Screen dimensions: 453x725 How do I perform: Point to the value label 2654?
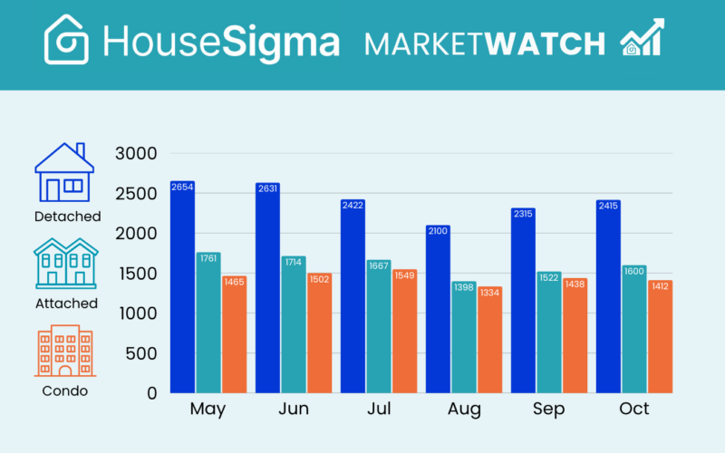(182, 188)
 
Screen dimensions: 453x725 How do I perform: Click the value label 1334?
(490, 293)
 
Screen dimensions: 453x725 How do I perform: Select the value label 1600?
(634, 271)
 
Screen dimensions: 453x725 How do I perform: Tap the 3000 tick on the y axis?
(137, 154)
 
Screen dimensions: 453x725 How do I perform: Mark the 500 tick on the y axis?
(141, 353)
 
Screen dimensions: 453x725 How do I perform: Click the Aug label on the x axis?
(464, 410)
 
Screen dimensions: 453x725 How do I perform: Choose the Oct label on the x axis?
(634, 410)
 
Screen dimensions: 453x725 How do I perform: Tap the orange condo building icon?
(64, 352)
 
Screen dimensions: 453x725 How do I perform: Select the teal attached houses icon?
(65, 263)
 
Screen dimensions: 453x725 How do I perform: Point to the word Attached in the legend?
(66, 304)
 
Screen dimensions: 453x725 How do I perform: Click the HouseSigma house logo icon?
(67, 40)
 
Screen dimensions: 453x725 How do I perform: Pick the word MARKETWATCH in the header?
(484, 43)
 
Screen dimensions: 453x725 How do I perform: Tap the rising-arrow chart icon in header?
(642, 38)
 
